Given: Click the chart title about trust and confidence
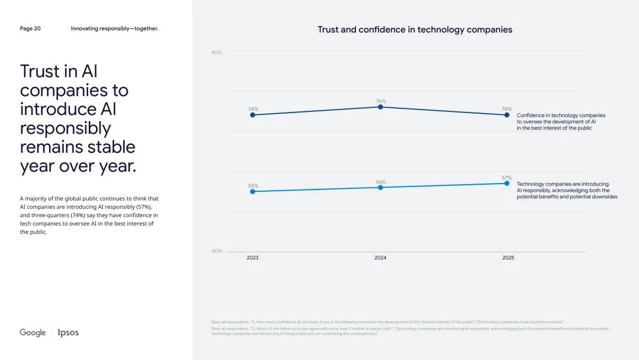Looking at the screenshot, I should (x=415, y=30).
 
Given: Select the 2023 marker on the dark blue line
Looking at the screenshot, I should (x=253, y=115).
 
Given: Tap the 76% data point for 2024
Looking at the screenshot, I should (x=380, y=107).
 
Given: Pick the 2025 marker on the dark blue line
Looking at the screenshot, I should (x=507, y=115).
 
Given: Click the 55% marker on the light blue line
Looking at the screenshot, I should (x=253, y=191).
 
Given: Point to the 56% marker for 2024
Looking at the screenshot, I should (x=380, y=187).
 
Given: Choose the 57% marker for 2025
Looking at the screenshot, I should (x=507, y=183).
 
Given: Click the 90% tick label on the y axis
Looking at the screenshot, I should (x=217, y=53).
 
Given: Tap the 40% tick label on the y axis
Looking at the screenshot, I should (x=217, y=251).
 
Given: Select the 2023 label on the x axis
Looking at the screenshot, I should (x=253, y=258).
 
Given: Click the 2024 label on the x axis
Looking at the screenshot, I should (x=380, y=258).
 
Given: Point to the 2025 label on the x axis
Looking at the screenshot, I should (x=508, y=258).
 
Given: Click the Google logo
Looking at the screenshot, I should (x=33, y=333).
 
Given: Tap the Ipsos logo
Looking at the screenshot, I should (x=68, y=333).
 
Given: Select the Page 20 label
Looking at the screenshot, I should (x=30, y=28).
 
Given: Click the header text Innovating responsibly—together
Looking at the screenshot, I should (x=114, y=28).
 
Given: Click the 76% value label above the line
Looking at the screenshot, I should (x=380, y=101).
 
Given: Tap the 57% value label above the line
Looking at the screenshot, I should (x=507, y=178).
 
